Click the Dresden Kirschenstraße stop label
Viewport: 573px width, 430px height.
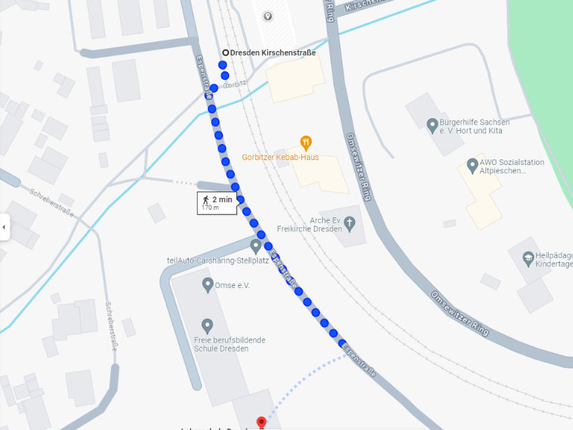coord(273,52)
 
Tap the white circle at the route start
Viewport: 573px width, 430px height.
coord(226,52)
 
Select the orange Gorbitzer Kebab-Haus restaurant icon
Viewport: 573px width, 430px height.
coord(305,143)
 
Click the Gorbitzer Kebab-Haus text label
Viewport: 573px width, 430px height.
coord(280,157)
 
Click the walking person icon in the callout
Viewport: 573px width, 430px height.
coord(205,199)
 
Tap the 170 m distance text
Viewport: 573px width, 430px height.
coord(210,208)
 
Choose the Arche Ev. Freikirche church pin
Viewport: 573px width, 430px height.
coord(350,224)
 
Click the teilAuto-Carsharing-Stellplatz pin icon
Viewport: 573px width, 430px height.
coord(256,246)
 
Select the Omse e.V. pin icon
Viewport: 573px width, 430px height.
coord(208,285)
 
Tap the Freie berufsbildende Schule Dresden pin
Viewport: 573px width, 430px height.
coord(207,326)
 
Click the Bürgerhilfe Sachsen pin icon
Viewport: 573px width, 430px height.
coord(433,124)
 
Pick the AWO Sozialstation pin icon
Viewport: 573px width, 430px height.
coord(472,166)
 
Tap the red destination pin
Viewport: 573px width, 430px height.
coord(261,422)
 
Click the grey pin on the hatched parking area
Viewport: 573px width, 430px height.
coord(268,16)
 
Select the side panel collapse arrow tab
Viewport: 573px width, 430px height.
coord(4,227)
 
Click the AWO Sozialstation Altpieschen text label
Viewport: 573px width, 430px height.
coord(512,166)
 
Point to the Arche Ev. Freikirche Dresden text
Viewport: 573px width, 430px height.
coord(310,224)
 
